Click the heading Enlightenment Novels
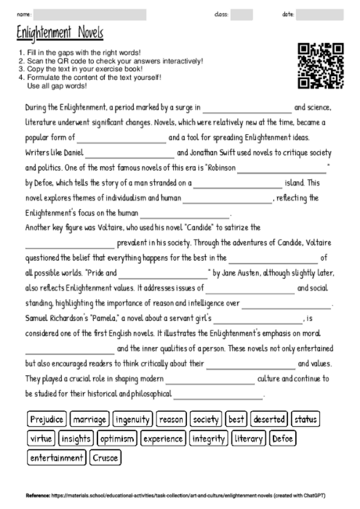(59, 34)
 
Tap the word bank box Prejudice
(48, 420)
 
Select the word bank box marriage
(91, 420)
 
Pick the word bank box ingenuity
(133, 420)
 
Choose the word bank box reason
(171, 420)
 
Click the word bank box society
(206, 420)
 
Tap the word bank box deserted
(269, 420)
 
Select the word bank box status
(307, 420)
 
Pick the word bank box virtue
(41, 439)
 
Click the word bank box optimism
(117, 439)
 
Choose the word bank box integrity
(207, 439)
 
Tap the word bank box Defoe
(282, 439)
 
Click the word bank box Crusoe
(105, 457)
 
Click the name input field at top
(91, 14)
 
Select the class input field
(242, 14)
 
